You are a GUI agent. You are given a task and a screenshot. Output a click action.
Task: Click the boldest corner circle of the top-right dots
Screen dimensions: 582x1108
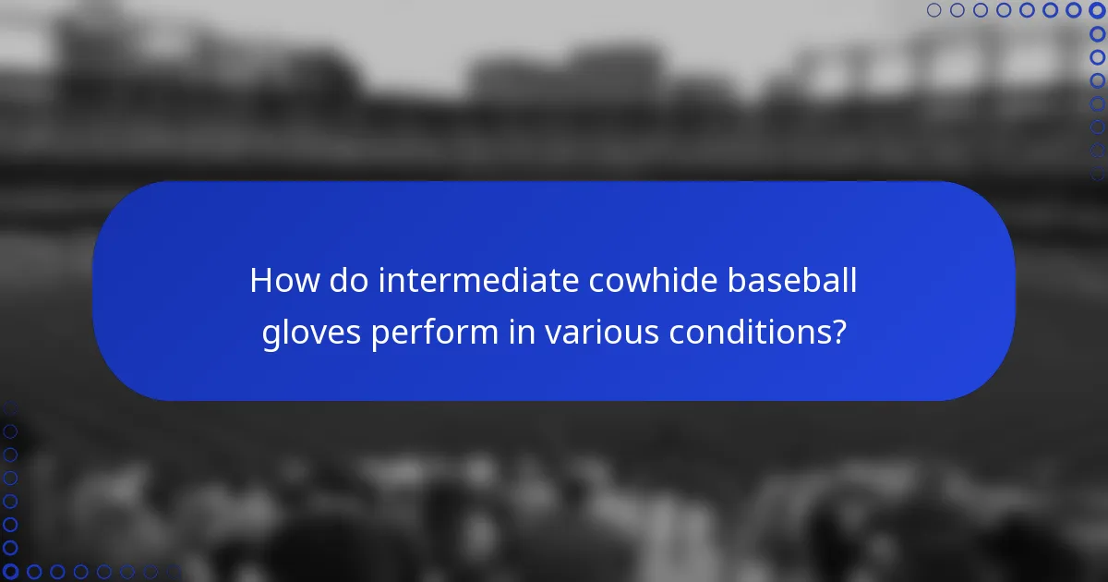coord(1098,10)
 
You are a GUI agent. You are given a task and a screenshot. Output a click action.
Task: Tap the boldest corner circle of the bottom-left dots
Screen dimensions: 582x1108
coord(10,572)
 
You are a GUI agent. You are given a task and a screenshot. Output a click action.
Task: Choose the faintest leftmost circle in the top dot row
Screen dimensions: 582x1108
coord(933,10)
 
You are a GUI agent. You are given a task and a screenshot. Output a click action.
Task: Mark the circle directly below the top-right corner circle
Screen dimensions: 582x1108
coord(1098,33)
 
